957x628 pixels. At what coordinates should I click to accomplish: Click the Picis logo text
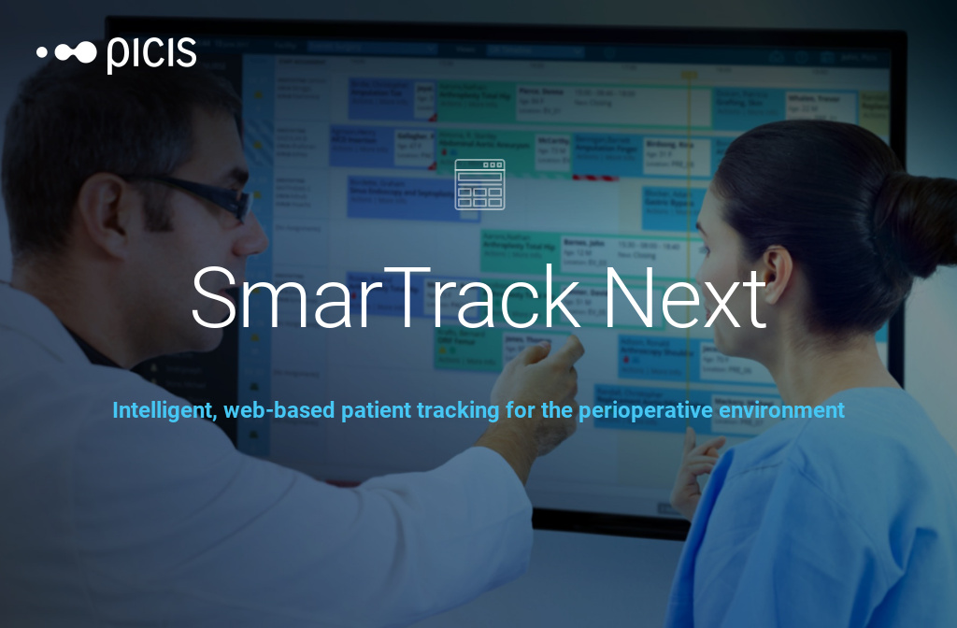(151, 53)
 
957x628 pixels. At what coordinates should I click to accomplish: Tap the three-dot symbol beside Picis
(66, 52)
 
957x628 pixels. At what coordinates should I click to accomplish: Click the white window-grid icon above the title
(479, 184)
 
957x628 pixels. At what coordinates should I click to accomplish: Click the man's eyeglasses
(210, 196)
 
